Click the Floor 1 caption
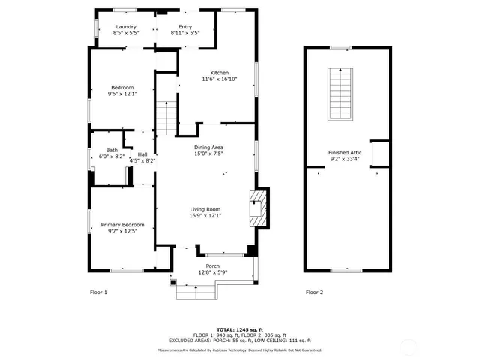click(x=98, y=292)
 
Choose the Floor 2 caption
click(x=314, y=292)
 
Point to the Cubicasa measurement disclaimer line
click(x=239, y=349)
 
